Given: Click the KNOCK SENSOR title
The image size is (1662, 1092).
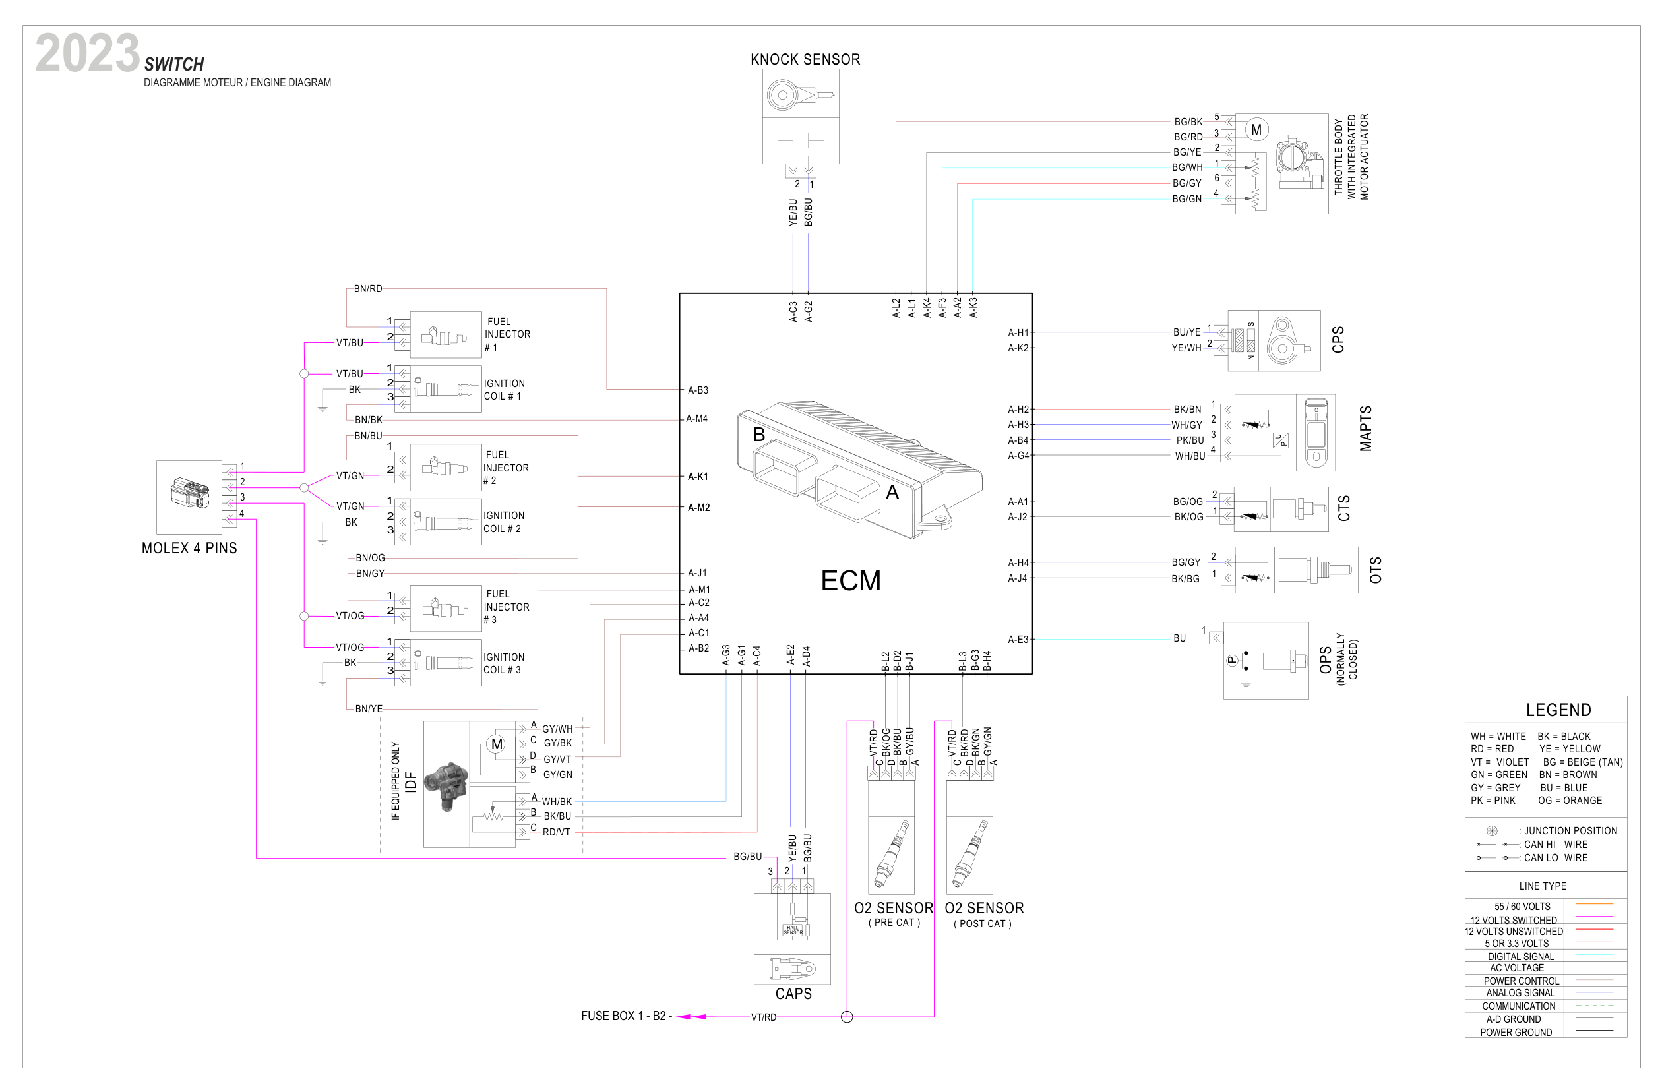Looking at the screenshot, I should pyautogui.click(x=805, y=60).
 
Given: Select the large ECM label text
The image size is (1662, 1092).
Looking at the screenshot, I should pyautogui.click(x=851, y=581).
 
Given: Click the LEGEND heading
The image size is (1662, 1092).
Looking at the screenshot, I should pyautogui.click(x=1558, y=710).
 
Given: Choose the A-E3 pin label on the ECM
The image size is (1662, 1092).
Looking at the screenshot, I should pyautogui.click(x=1018, y=640).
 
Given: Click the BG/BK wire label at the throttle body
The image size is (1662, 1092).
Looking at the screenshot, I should pyautogui.click(x=1188, y=122).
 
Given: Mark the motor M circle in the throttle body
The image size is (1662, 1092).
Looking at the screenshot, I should pyautogui.click(x=1256, y=130).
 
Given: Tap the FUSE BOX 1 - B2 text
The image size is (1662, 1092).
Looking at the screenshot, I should pyautogui.click(x=626, y=1016).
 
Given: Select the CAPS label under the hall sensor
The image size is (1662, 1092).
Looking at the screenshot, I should pyautogui.click(x=793, y=994).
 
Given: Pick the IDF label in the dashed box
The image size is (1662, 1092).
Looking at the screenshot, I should pyautogui.click(x=412, y=782).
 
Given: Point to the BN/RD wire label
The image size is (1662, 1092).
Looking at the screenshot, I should pyautogui.click(x=368, y=289).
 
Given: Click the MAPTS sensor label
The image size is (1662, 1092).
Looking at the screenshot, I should pyautogui.click(x=1366, y=429).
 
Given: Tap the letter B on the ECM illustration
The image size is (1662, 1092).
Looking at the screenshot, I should pyautogui.click(x=759, y=435).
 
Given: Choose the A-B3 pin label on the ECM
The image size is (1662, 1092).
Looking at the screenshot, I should pyautogui.click(x=698, y=390).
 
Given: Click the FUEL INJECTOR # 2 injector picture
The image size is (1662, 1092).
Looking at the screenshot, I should pyautogui.click(x=445, y=467).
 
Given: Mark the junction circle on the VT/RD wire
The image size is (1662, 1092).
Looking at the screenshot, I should pyautogui.click(x=847, y=1017).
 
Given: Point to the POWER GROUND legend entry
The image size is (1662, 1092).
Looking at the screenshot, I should pyautogui.click(x=1516, y=1032).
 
